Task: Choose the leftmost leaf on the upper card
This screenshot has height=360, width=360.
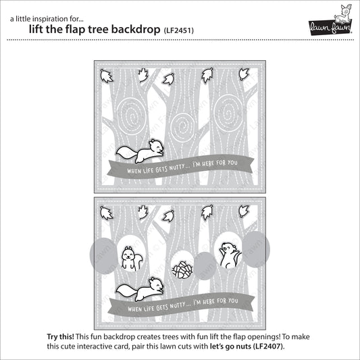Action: [x=105, y=75]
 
